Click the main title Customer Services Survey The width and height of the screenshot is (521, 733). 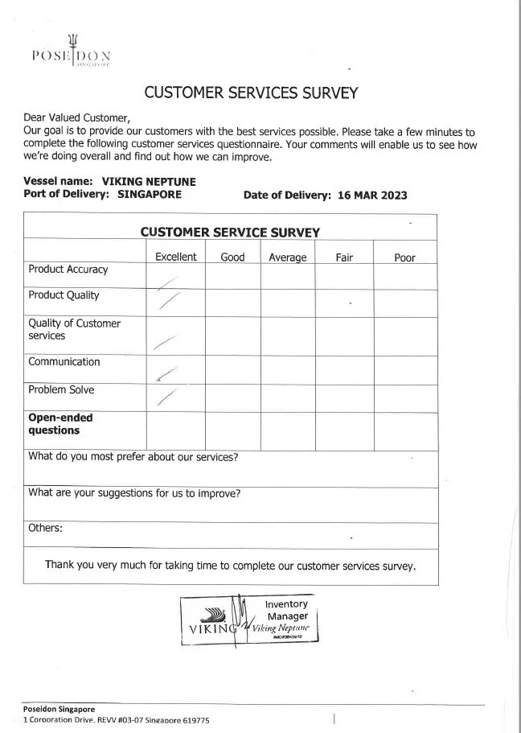click(250, 93)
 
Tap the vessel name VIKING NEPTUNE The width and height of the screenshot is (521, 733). click(148, 182)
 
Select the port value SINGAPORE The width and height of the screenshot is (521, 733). click(150, 194)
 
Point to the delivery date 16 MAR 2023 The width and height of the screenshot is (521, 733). click(373, 196)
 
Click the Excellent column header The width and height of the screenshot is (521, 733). click(175, 257)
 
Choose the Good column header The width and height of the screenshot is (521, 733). click(232, 257)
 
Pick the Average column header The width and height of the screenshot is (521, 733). click(287, 257)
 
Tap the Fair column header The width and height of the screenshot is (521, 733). click(344, 257)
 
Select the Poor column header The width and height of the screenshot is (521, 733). click(404, 257)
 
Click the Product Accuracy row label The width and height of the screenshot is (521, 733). click(68, 270)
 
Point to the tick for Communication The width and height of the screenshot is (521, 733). click(167, 373)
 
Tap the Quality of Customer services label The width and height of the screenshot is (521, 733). click(74, 330)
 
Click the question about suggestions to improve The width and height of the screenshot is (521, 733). click(134, 493)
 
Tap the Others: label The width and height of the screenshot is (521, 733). click(45, 529)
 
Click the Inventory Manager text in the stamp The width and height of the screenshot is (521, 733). click(286, 610)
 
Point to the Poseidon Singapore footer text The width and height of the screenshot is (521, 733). click(59, 709)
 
